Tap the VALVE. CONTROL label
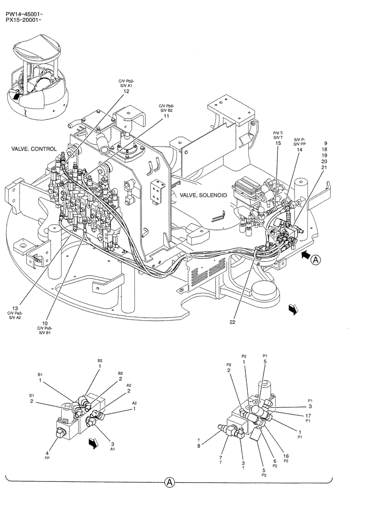tap(34, 149)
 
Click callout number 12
tap(127, 92)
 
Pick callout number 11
tap(166, 116)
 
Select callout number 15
tap(278, 143)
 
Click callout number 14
tap(299, 149)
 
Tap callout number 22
tap(233, 322)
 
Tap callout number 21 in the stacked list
tap(325, 168)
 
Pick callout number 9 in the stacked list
tap(325, 143)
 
